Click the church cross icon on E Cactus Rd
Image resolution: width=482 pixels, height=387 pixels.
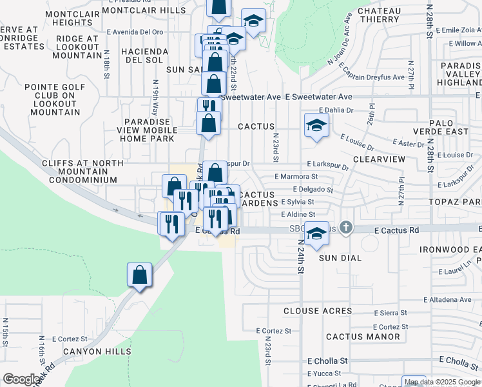[346, 227]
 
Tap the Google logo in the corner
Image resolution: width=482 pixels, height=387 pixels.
[21, 379]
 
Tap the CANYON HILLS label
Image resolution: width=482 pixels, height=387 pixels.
[97, 352]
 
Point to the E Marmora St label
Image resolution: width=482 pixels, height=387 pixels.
[296, 176]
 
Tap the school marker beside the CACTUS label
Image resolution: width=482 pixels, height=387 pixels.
[316, 126]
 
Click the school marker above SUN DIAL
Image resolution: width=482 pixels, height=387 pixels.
[316, 233]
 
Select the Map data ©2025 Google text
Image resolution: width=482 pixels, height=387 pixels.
[442, 382]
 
